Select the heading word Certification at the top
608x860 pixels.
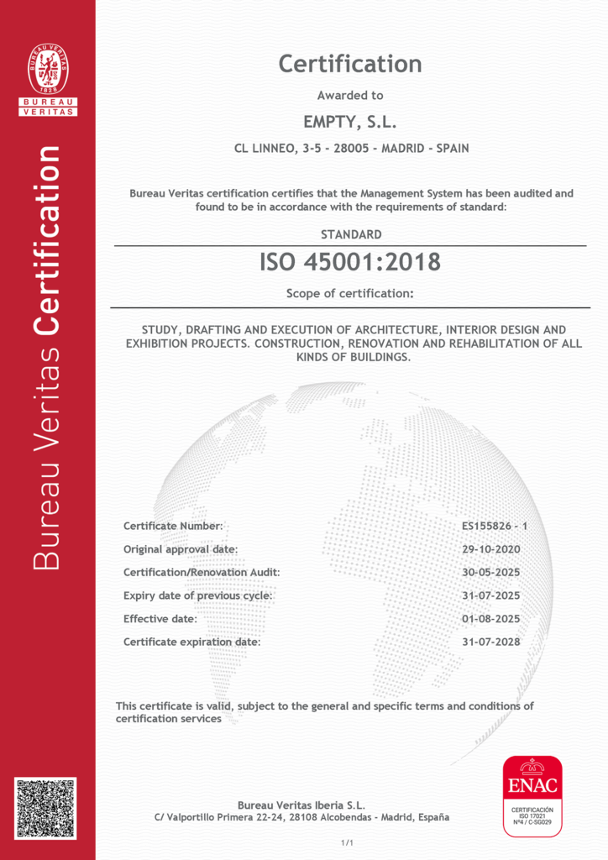350,64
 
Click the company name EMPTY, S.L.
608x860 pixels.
350,123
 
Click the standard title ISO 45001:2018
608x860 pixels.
350,262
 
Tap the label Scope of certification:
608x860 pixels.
350,294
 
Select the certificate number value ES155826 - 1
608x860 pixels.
494,526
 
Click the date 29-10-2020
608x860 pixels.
491,549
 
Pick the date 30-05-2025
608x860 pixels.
491,572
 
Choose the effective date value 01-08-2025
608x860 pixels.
491,619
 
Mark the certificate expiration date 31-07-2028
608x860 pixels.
491,642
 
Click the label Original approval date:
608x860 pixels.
181,549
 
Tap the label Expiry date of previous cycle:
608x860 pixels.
198,595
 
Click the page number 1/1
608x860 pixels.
347,842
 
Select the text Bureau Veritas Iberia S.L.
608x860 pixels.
301,805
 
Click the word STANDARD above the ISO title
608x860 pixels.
351,234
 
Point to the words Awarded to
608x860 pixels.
350,96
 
